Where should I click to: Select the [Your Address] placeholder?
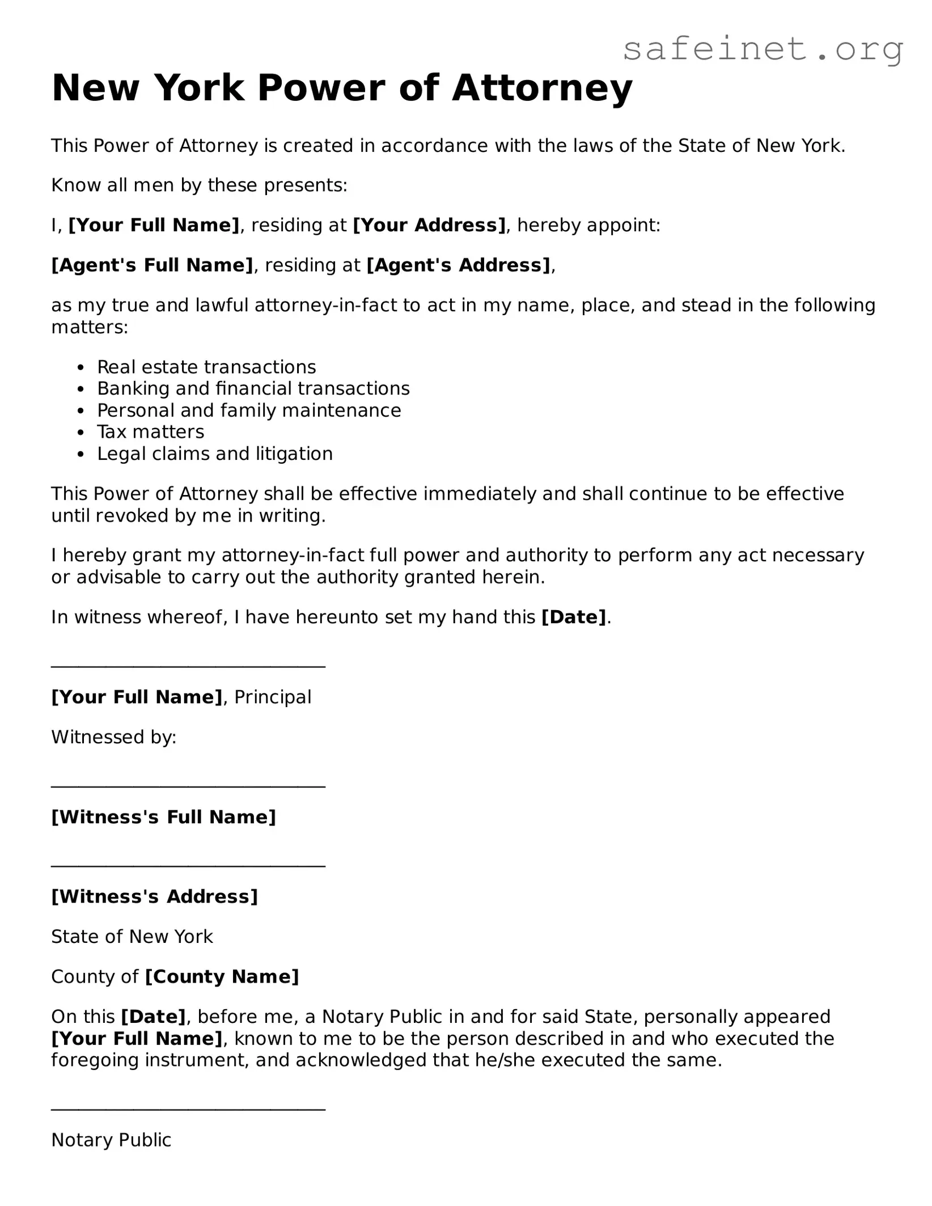pos(429,225)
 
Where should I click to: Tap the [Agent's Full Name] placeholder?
pos(152,265)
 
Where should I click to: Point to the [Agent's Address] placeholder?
pos(459,265)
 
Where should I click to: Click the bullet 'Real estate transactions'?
pos(206,367)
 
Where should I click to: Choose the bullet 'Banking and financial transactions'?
pos(253,388)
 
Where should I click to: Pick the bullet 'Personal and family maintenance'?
pos(249,410)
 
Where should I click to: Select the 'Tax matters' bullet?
pos(151,432)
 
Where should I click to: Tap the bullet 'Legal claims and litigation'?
pos(215,454)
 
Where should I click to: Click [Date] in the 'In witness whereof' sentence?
pos(574,617)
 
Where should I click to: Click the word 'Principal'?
pos(273,697)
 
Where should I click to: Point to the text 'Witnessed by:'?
pos(114,737)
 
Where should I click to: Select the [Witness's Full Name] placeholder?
pos(163,817)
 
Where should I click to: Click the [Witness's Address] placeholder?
pos(154,896)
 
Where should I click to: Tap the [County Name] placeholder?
pos(222,976)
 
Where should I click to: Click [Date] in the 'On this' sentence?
pos(153,1017)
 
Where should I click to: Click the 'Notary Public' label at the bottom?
pos(111,1140)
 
